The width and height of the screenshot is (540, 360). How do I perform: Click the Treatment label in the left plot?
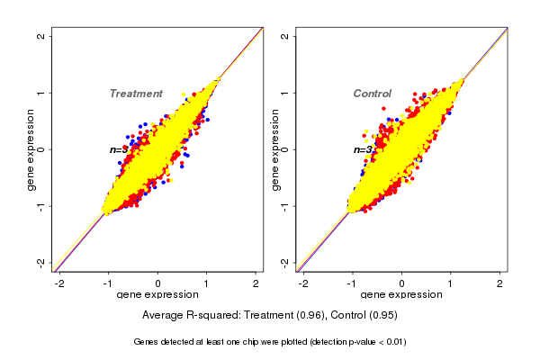click(x=136, y=94)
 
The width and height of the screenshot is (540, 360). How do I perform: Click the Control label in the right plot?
click(x=372, y=94)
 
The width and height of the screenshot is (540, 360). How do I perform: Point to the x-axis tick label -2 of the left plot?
click(x=60, y=283)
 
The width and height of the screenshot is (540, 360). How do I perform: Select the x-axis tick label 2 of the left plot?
click(x=256, y=283)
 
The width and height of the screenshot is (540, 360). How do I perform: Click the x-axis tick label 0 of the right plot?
click(x=402, y=283)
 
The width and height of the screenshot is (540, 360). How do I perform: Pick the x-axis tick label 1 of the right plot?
click(x=451, y=283)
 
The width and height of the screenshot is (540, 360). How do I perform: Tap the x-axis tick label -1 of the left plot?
click(x=109, y=283)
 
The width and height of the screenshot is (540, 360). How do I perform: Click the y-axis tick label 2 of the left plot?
click(x=40, y=36)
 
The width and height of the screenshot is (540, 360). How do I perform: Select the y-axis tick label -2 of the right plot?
click(x=284, y=262)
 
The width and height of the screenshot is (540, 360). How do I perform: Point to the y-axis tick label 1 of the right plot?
click(x=284, y=93)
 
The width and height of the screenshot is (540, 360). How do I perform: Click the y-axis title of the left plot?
click(x=31, y=149)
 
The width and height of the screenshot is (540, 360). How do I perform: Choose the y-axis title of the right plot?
click(x=274, y=149)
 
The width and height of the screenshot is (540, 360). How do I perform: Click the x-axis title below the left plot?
click(x=157, y=295)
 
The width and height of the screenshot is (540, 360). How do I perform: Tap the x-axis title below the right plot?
click(x=401, y=295)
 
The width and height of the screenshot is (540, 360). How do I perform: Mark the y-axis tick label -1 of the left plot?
click(x=40, y=206)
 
